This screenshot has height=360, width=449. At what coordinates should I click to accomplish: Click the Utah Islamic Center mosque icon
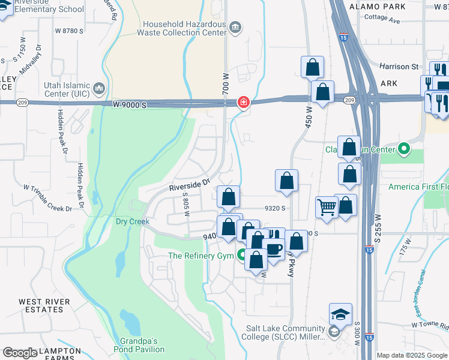point(98,89)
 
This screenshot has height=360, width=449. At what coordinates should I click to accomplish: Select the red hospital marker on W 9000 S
point(244,102)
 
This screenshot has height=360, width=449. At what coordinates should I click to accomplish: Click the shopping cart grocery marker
point(327,208)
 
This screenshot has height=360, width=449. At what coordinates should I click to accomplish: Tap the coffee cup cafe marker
point(274,249)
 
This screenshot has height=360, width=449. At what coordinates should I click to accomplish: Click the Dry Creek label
point(132,221)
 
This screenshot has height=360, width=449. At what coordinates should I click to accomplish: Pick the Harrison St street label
point(399,67)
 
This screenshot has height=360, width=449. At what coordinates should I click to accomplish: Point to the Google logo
point(20,353)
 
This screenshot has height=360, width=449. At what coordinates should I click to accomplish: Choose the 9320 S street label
point(273,209)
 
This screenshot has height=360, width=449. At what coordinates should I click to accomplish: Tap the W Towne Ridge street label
point(430,325)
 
